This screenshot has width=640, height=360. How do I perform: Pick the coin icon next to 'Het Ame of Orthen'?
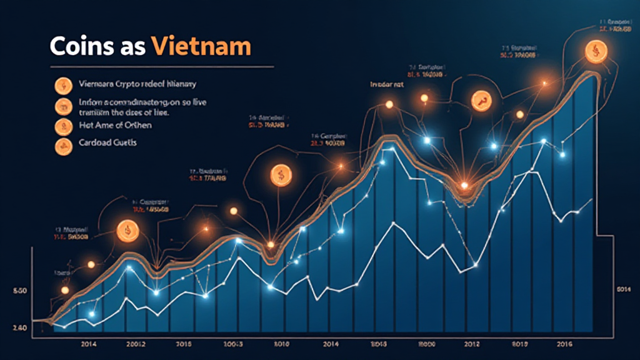click(x=63, y=126)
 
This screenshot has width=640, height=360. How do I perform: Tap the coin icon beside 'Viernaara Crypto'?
click(x=63, y=86)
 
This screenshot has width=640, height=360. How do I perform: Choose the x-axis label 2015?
click(x=184, y=343)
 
